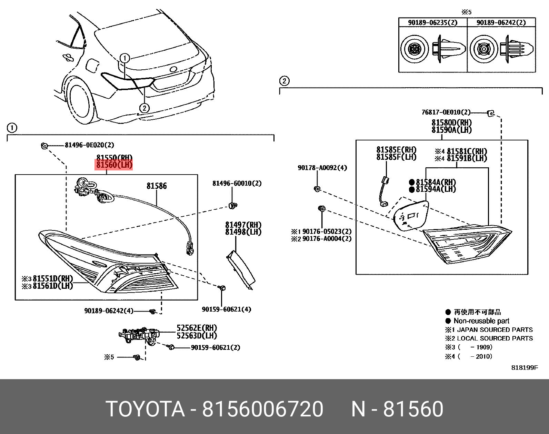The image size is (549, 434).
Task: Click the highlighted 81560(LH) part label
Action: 114,165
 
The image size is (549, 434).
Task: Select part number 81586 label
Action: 157,186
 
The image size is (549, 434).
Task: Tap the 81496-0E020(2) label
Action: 89,145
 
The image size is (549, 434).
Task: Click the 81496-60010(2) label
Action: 237,184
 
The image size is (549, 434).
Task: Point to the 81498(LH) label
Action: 243,232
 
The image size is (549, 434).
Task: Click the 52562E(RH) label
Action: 197,328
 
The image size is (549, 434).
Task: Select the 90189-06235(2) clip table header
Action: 432,22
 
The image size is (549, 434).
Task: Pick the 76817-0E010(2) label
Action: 446,112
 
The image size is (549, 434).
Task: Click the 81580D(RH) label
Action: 452,122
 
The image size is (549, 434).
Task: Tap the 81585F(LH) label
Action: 396,157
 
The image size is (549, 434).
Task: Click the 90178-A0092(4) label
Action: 322,168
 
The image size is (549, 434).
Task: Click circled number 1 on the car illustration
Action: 125,58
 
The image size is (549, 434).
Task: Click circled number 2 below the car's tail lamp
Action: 144,108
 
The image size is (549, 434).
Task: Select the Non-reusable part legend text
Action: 481,321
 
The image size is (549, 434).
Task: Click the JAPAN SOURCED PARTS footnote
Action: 495,330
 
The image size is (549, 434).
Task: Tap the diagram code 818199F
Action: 524,368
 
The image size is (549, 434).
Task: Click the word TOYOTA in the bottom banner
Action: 145,409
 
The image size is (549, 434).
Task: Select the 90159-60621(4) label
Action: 227,309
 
